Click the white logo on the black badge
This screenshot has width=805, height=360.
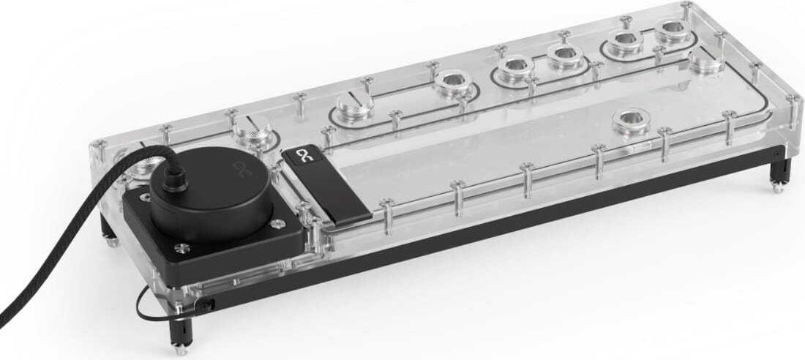coord(302,156)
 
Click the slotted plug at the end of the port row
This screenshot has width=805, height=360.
coord(356,107)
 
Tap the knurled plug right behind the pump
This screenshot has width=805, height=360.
coord(252,132)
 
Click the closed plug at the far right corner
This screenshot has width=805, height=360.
coord(707,64)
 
